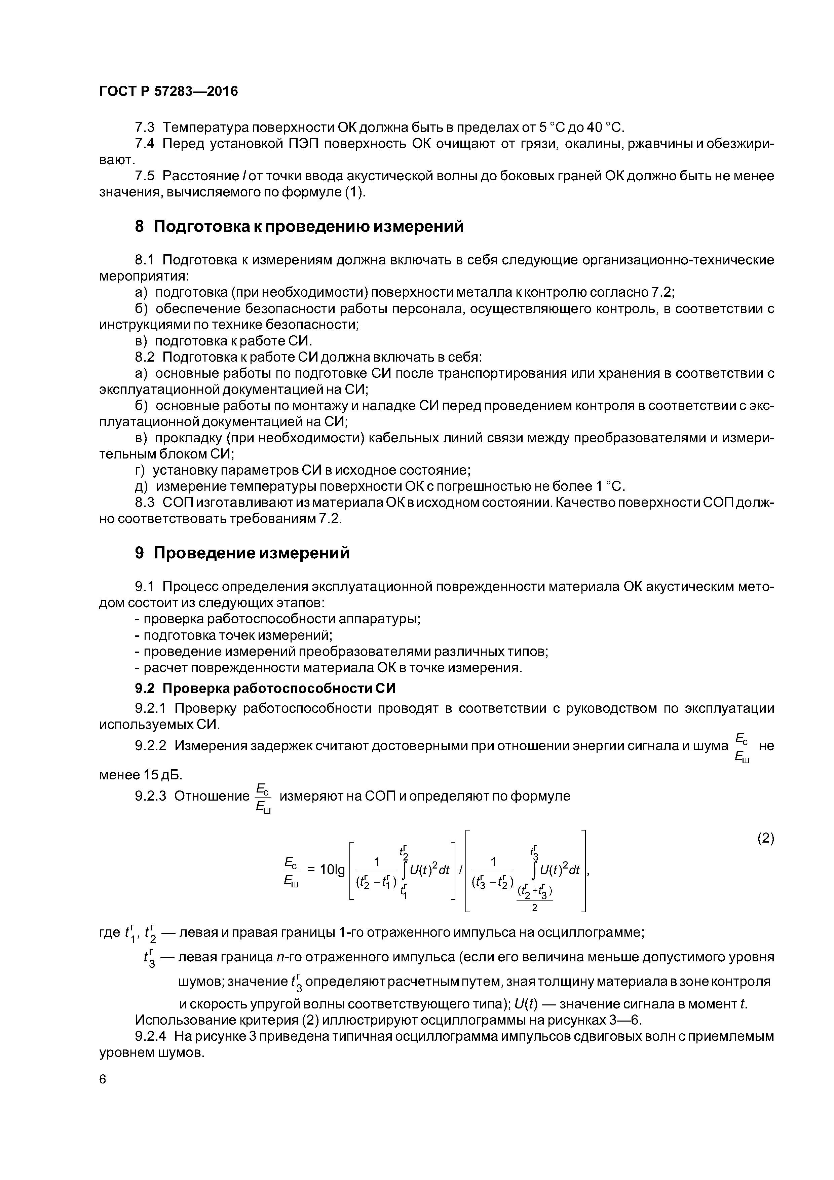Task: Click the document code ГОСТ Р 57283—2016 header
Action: pyautogui.click(x=168, y=91)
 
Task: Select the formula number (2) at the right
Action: pyautogui.click(x=765, y=838)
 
